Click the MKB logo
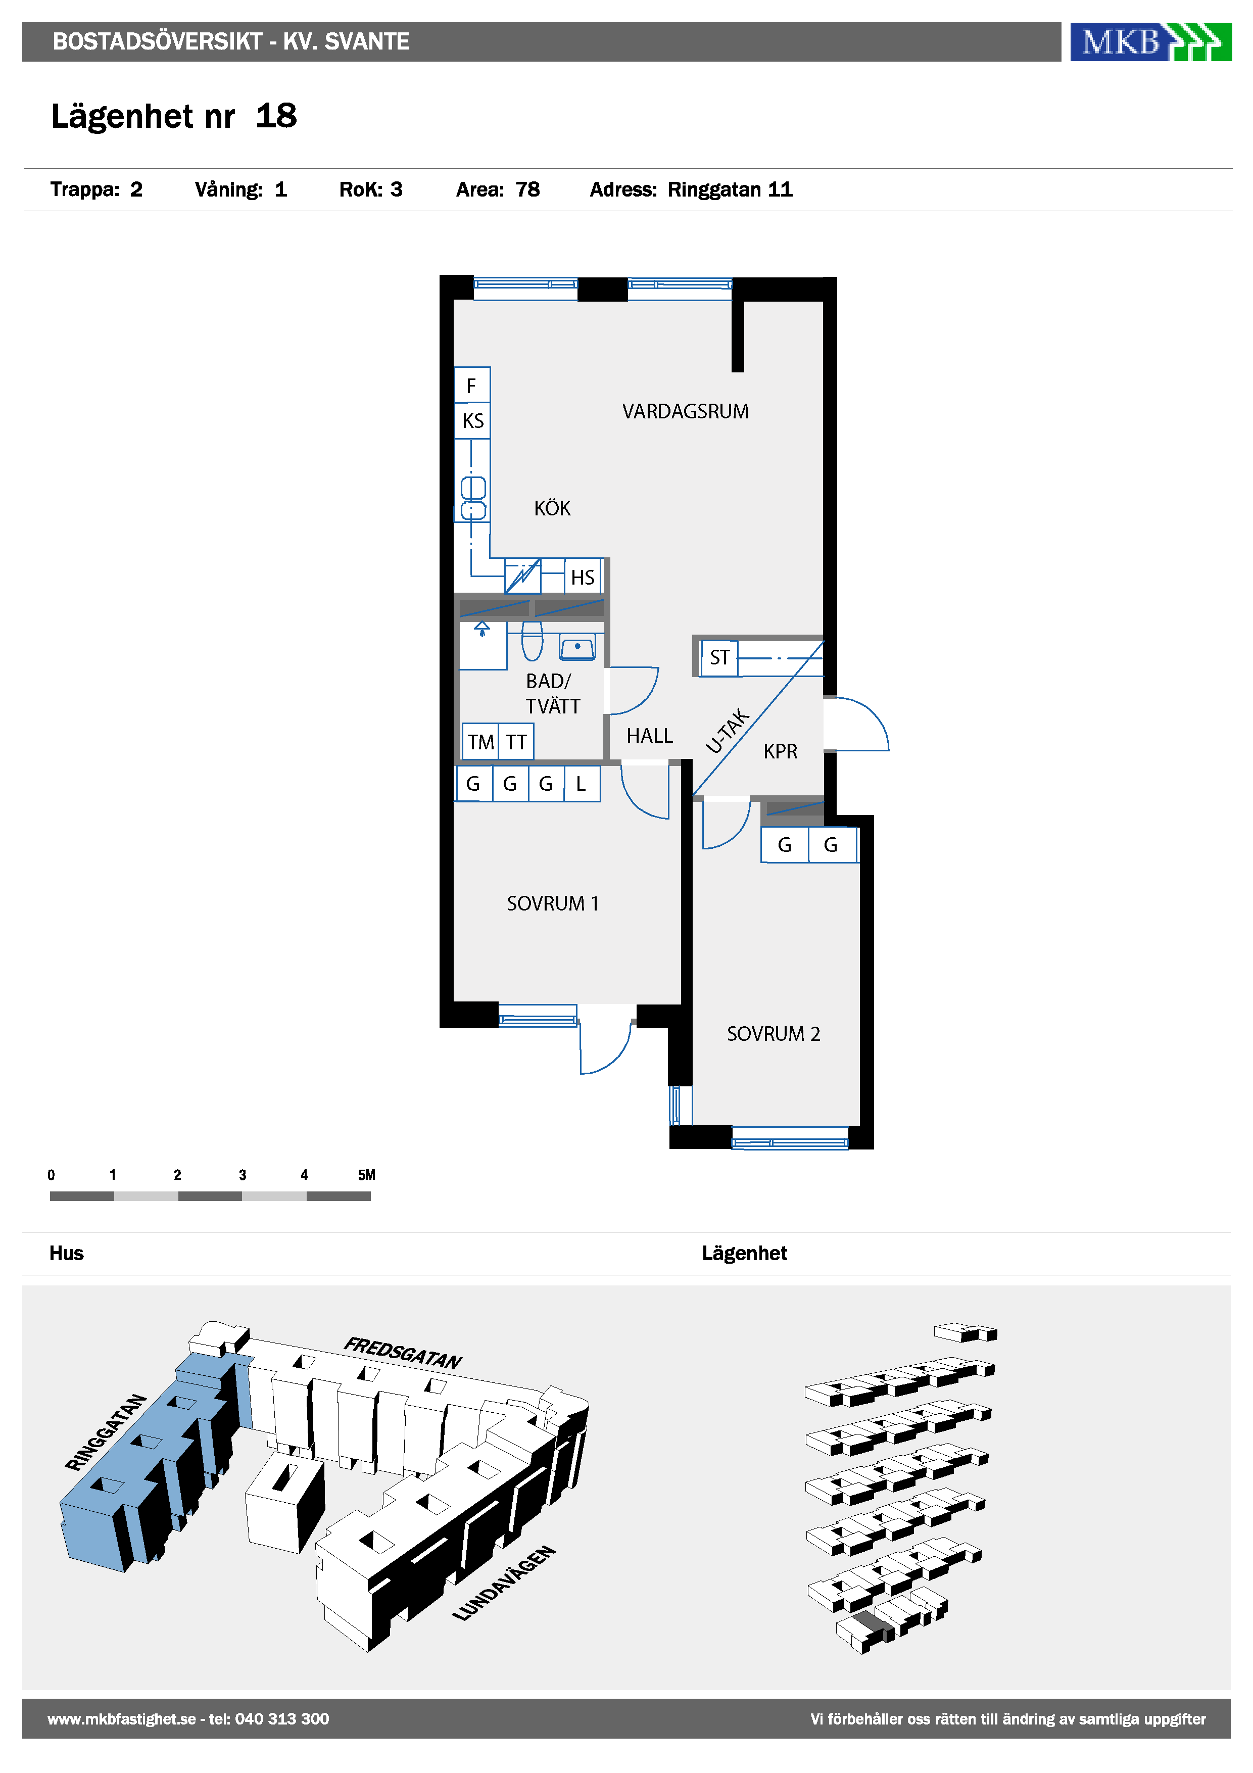1150,42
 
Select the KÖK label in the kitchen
552,508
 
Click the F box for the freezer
472,385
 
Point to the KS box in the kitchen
472,421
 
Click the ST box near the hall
719,658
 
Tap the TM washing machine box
480,742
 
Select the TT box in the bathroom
516,742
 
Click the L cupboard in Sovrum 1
582,784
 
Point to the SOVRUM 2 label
774,1033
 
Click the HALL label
649,736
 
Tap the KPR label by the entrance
780,751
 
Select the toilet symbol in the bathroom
532,640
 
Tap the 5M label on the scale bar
367,1175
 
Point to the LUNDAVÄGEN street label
503,1583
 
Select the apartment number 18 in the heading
276,116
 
